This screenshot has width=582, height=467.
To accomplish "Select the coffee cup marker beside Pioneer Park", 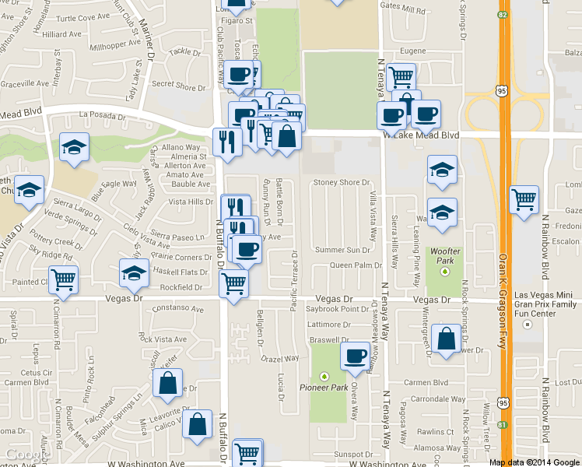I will tap(356, 356).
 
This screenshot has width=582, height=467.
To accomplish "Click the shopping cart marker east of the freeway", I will tap(524, 198).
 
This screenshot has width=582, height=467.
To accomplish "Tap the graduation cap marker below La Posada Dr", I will tap(74, 147).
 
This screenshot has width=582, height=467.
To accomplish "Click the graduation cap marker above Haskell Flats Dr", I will tap(134, 273).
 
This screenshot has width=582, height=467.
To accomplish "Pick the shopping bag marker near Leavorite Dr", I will tap(167, 383).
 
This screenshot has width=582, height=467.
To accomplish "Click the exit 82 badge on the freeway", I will tap(504, 15).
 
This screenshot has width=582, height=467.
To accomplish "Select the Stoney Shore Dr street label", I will tap(341, 182).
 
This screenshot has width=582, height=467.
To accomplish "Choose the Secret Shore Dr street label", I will tap(179, 87).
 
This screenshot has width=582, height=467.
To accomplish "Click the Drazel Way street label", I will tap(280, 359).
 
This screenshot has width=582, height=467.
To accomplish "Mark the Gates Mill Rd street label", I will tap(400, 5).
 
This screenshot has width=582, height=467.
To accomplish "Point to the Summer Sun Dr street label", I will tap(343, 250).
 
